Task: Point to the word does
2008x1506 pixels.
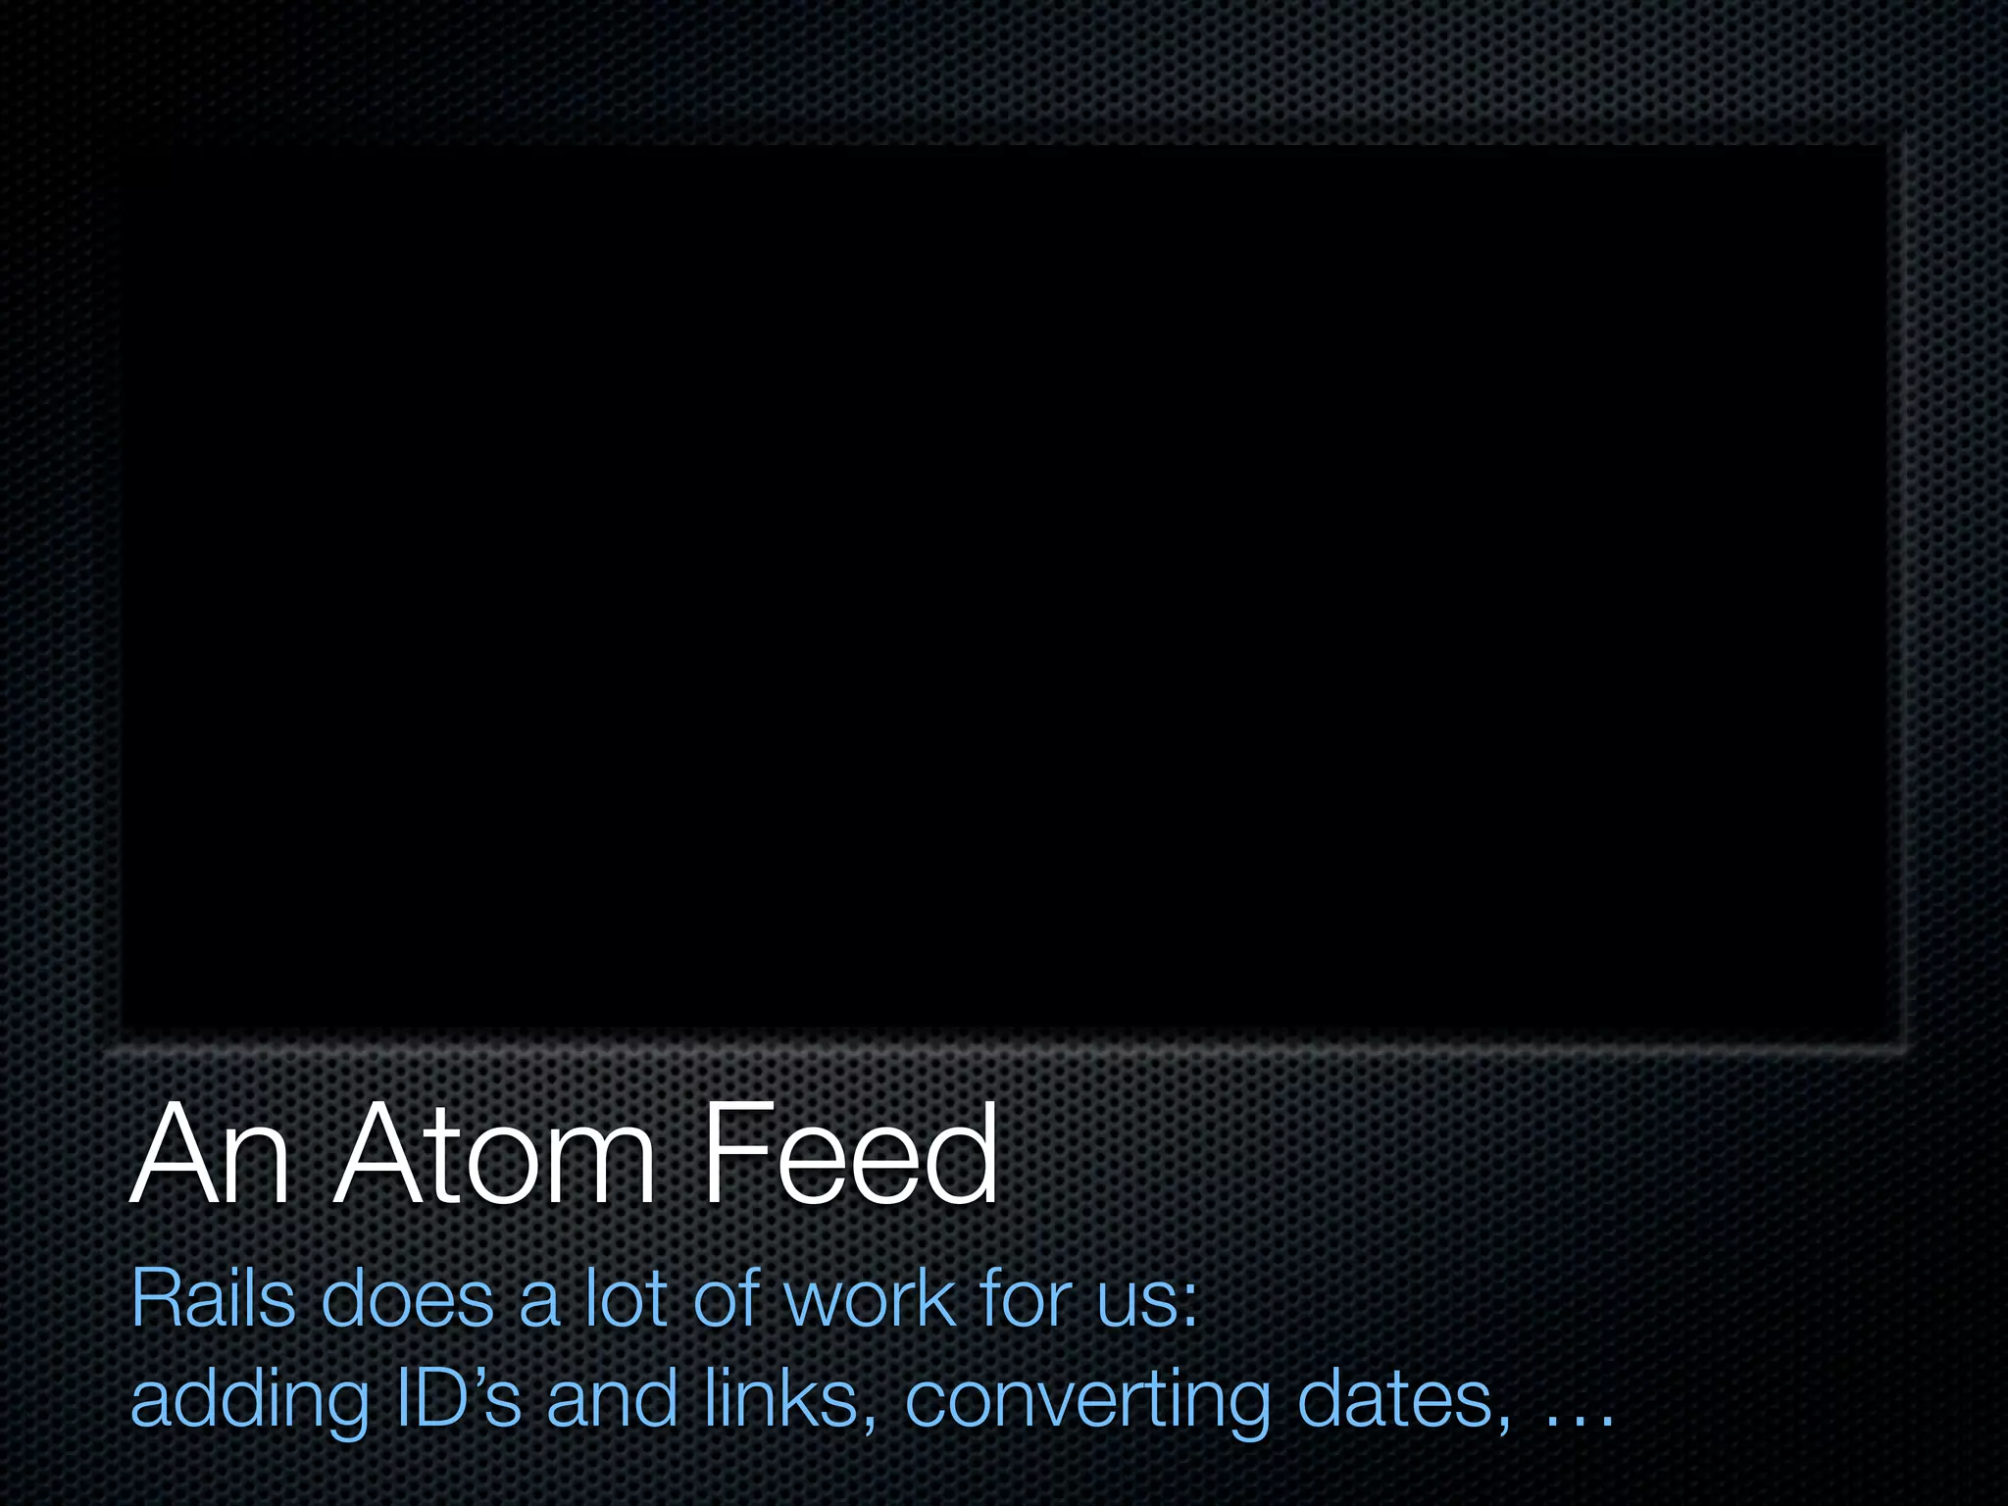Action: click(x=407, y=1298)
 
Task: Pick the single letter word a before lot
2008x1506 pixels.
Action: click(x=538, y=1304)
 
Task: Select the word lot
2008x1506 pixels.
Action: click(x=626, y=1298)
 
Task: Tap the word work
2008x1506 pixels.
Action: click(x=870, y=1298)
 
